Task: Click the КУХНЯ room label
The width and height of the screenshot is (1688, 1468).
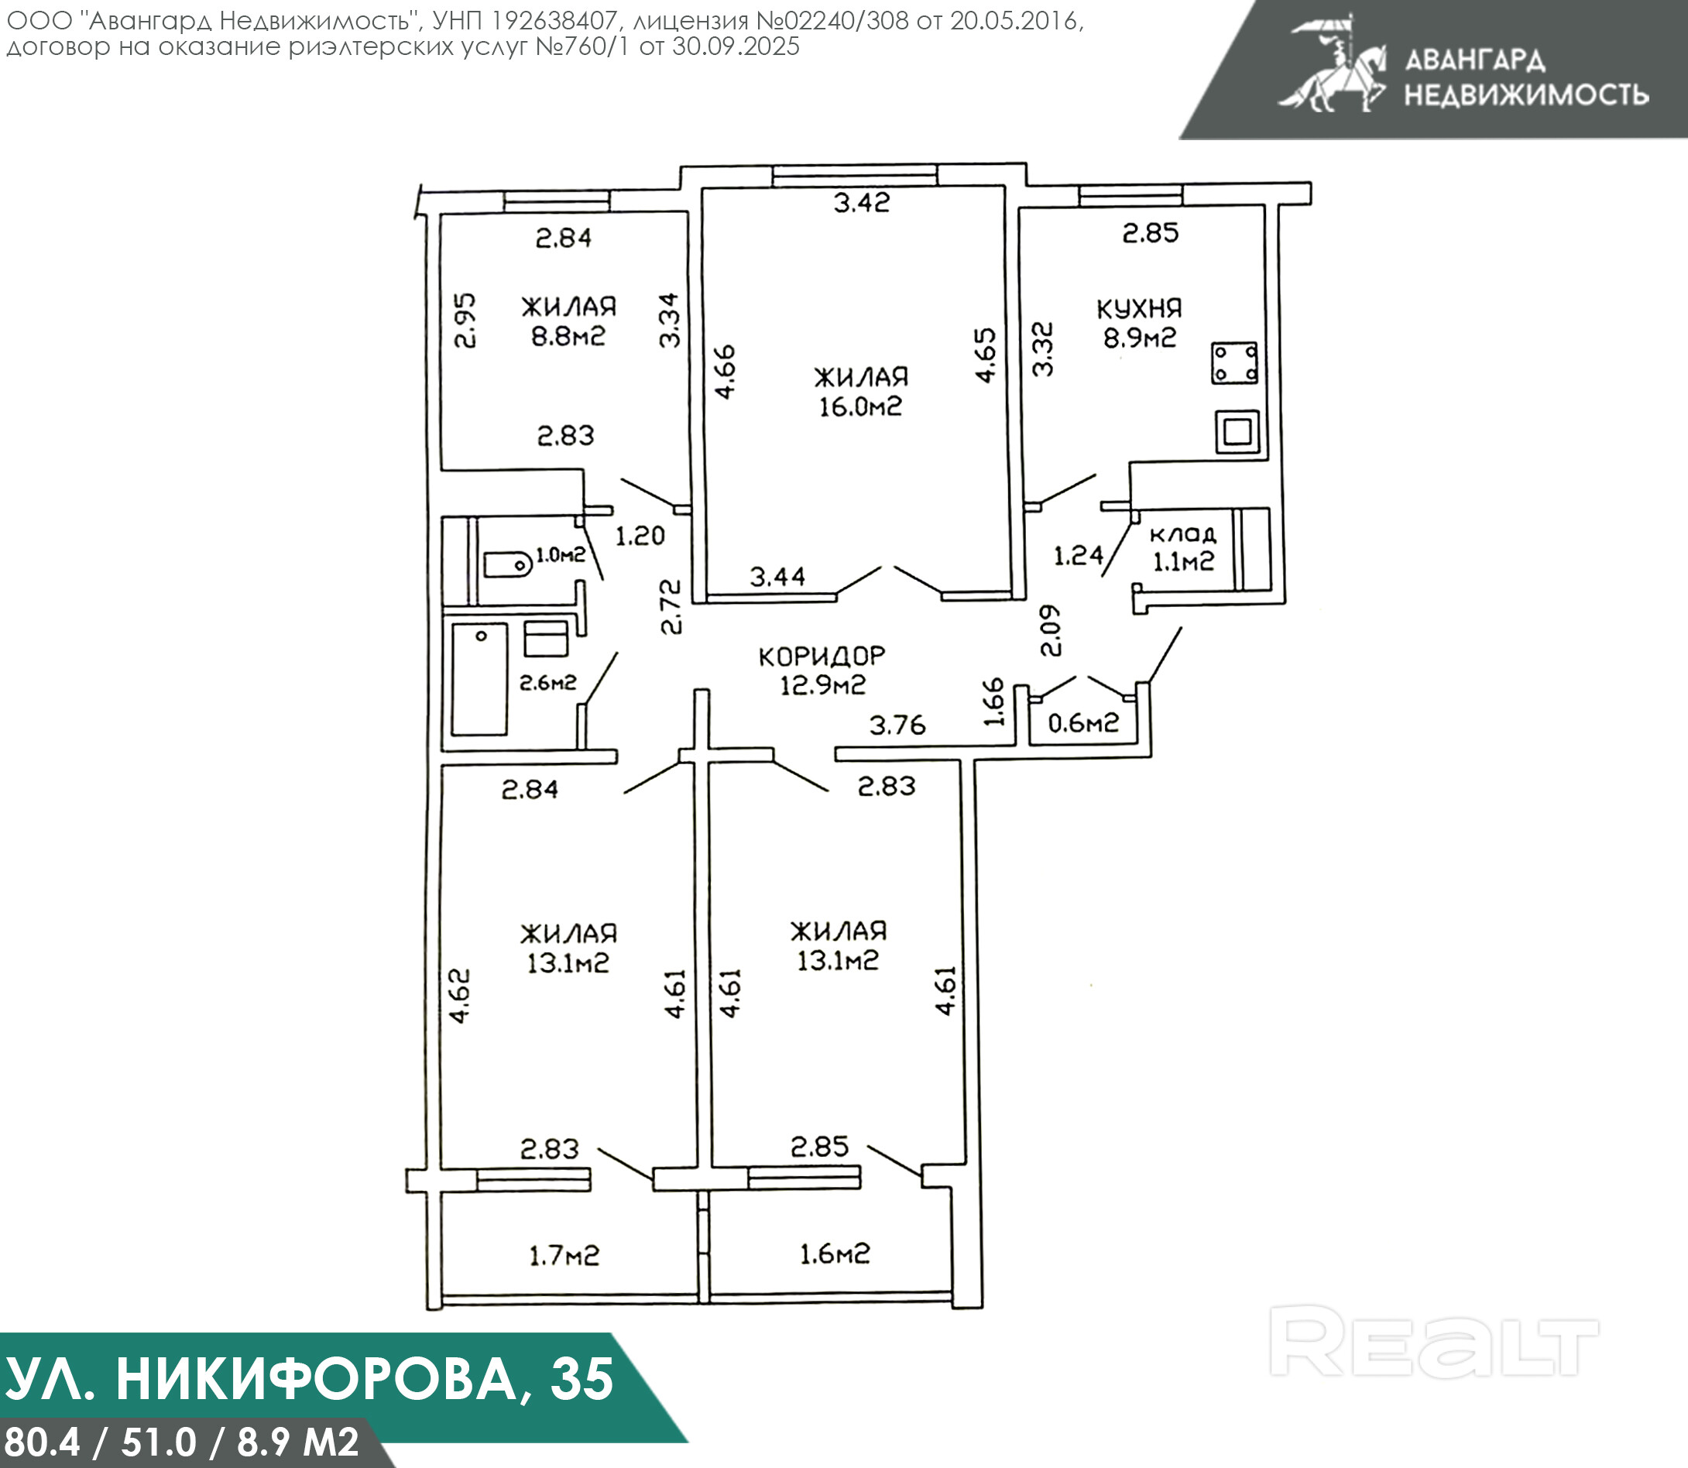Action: pos(1139,309)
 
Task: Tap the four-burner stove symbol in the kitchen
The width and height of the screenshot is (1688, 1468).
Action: pos(1235,363)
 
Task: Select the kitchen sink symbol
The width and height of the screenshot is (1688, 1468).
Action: pos(1237,430)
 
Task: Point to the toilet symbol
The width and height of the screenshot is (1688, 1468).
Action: pos(506,564)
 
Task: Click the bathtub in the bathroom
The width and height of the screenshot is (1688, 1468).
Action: pos(479,679)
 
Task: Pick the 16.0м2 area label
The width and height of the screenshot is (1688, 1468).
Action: pos(860,406)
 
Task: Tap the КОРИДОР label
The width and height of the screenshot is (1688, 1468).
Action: pos(822,656)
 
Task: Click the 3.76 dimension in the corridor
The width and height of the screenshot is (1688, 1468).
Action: pos(897,725)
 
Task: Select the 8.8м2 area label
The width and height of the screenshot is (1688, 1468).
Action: pos(568,336)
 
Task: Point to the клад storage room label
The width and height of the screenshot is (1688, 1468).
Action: pos(1183,535)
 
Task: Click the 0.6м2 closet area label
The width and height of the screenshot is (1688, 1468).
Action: pos(1083,722)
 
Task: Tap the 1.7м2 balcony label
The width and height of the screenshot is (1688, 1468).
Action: pos(564,1255)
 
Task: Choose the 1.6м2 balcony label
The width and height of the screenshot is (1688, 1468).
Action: pos(835,1254)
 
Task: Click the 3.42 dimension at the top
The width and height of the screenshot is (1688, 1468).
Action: pos(862,202)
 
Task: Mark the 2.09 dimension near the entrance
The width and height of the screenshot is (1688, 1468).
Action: pos(1050,631)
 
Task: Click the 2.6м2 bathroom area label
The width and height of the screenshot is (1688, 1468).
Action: pos(548,681)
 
